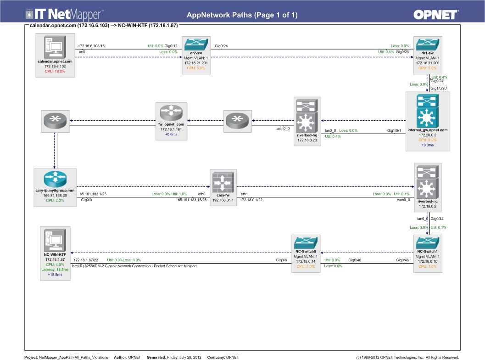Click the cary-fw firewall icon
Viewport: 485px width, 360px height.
pyautogui.click(x=223, y=182)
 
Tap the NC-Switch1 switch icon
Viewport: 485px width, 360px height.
pyautogui.click(x=428, y=242)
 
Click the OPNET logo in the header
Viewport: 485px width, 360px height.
pyautogui.click(x=435, y=15)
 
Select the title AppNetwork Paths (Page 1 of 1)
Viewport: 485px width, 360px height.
pyautogui.click(x=242, y=15)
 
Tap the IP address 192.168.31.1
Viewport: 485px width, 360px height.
pyautogui.click(x=223, y=200)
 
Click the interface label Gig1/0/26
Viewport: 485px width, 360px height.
pyautogui.click(x=439, y=88)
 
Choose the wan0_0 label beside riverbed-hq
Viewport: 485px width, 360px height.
pyautogui.click(x=283, y=129)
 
